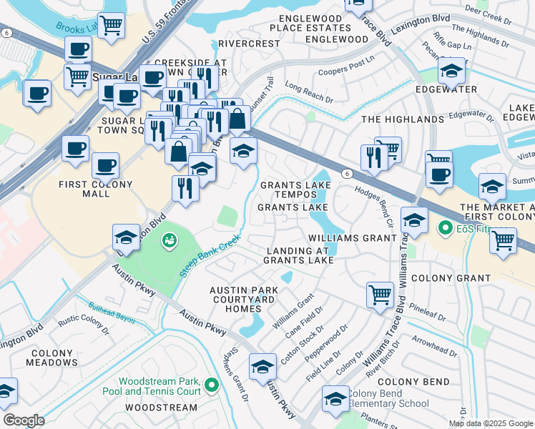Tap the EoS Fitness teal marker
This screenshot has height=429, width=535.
(x=443, y=229)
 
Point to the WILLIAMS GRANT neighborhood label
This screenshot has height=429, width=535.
(x=352, y=237)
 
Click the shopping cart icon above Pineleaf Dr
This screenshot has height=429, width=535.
(x=380, y=293)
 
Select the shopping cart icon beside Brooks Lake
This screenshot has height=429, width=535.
(x=111, y=26)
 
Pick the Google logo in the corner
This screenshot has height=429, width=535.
(x=23, y=420)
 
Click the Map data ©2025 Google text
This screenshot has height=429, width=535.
(x=491, y=423)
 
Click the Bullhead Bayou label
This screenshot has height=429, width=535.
(x=112, y=312)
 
